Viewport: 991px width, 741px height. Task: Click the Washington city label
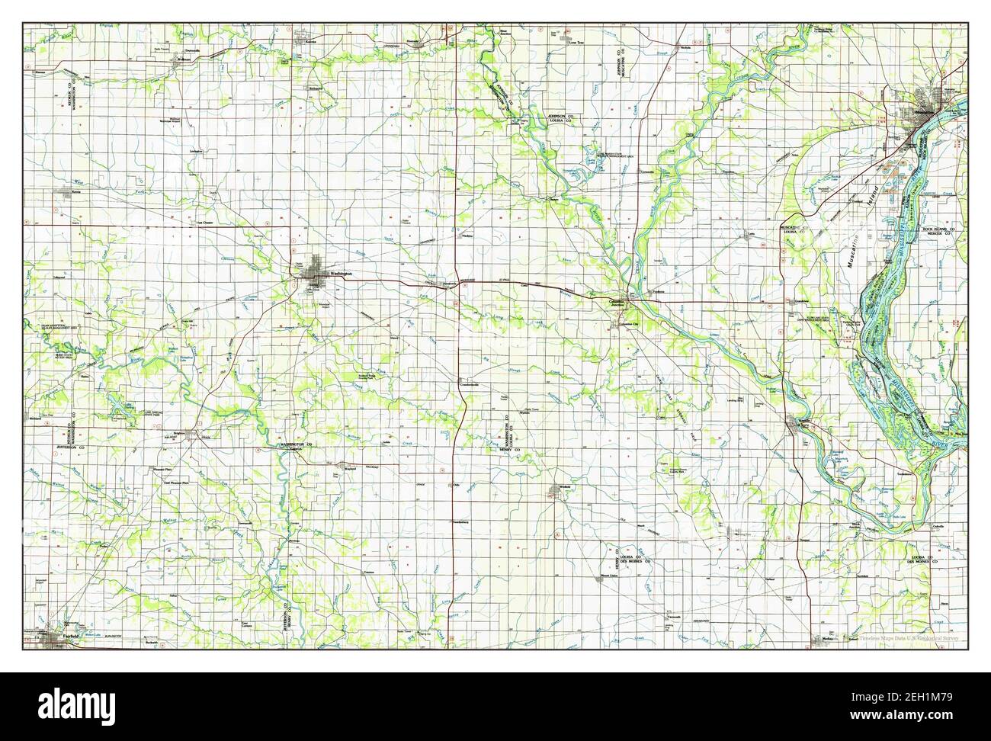341,274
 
